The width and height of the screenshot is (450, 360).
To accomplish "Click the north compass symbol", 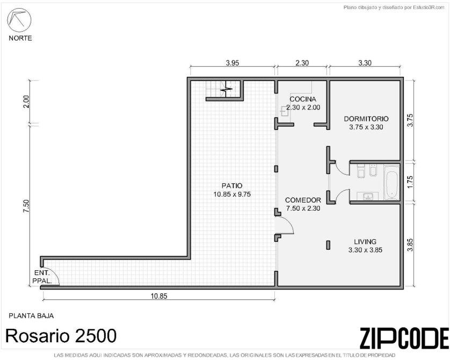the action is click(x=19, y=20).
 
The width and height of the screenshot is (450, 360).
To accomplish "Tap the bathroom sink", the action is click(x=368, y=196).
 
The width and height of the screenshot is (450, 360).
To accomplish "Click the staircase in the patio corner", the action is click(x=223, y=89).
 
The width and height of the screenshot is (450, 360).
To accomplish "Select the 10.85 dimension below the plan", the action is click(x=159, y=296).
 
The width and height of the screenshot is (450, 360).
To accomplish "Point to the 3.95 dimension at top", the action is click(x=233, y=63).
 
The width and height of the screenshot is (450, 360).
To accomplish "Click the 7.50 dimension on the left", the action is click(x=26, y=206).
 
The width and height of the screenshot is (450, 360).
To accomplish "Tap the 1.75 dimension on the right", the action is click(x=410, y=182).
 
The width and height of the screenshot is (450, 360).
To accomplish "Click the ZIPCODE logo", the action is click(x=404, y=338).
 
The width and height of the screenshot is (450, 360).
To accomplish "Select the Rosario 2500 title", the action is click(x=61, y=336).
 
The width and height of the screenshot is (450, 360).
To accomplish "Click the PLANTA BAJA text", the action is click(x=31, y=316).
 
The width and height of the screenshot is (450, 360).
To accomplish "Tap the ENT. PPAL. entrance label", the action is click(x=42, y=277).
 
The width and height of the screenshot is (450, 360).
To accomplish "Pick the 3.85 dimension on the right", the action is click(x=410, y=245).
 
